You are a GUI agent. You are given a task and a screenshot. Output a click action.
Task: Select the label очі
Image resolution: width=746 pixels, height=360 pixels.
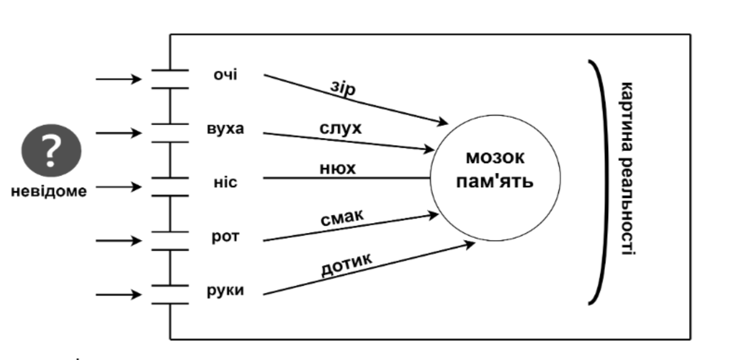click(x=225, y=75)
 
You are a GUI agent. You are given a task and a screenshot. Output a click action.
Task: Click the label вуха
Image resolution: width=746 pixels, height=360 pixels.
click(x=225, y=129)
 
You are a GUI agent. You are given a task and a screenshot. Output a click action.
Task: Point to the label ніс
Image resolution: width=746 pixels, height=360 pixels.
click(x=225, y=183)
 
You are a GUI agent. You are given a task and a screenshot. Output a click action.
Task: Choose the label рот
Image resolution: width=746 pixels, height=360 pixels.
click(x=226, y=237)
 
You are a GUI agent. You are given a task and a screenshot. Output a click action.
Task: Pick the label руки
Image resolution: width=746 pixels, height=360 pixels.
click(x=225, y=291)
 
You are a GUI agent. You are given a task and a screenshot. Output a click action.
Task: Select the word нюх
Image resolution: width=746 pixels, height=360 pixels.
click(x=338, y=168)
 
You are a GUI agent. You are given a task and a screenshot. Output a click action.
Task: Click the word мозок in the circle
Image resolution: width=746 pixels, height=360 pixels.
click(x=495, y=158)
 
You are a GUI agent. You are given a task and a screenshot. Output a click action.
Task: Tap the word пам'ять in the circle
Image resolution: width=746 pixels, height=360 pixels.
click(x=495, y=181)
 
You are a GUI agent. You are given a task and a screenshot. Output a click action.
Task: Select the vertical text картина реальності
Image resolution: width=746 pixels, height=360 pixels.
click(x=627, y=169)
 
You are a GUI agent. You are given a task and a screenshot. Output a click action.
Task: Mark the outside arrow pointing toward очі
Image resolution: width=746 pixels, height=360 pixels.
click(x=119, y=79)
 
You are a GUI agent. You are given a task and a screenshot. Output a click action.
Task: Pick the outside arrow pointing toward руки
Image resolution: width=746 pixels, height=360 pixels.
click(x=119, y=295)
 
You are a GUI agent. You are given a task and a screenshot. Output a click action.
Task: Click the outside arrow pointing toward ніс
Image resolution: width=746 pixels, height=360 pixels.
click(x=119, y=187)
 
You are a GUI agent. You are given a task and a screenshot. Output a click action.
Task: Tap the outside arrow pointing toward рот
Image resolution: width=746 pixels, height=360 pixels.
click(x=119, y=240)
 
